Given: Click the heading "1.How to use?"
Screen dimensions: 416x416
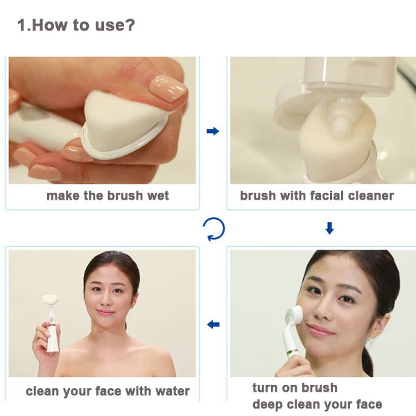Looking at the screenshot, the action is pos(76,25).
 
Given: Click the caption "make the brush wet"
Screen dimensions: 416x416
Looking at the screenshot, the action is pos(107,196).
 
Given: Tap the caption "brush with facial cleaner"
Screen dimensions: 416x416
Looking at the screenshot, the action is pos(317,196).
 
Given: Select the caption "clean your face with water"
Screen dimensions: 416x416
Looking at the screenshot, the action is pos(107,391).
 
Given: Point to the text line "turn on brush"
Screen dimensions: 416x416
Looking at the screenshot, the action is pos(295,388).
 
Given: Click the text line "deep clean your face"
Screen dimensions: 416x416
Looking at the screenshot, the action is pos(318,405).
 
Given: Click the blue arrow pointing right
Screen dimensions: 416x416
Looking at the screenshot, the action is pos(213,131).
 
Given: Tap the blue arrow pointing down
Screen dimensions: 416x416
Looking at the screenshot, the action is pos(329,228).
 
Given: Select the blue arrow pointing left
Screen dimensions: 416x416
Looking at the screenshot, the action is pos(213,324).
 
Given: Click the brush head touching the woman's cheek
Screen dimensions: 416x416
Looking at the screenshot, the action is pos(295,316).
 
